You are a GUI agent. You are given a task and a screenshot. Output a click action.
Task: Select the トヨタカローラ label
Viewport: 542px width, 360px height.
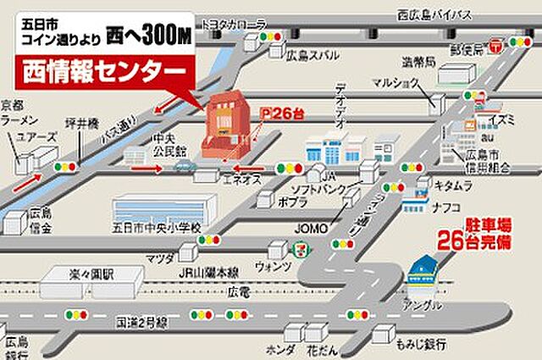pos(232,26)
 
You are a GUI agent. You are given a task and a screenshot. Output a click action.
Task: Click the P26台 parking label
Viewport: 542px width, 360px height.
pos(282,111)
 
